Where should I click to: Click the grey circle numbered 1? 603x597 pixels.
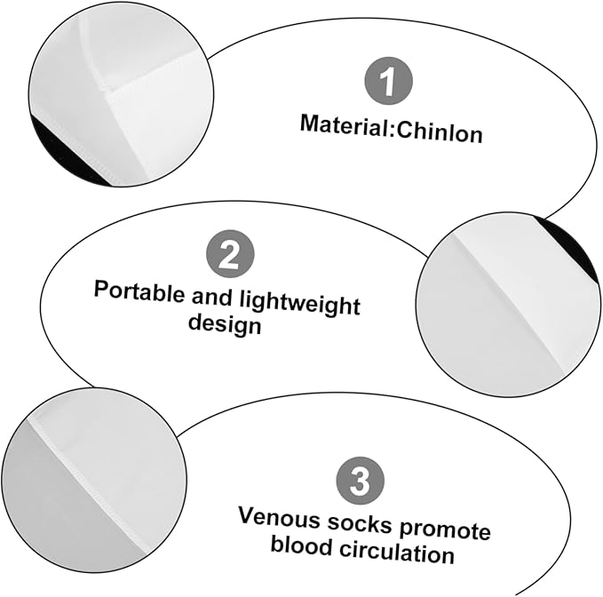388,81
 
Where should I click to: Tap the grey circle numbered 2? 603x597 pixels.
230,254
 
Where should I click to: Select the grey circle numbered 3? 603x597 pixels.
361,481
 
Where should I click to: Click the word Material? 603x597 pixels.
345,125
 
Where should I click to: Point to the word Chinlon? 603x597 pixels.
440,132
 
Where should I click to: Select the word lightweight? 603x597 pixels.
300,305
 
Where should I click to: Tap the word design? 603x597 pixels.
225,324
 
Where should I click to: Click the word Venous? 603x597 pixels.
280,518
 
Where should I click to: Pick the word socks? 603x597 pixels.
360,524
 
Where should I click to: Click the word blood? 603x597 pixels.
302,545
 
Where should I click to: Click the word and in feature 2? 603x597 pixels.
212,297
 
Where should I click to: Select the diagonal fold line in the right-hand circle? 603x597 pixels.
508,304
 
